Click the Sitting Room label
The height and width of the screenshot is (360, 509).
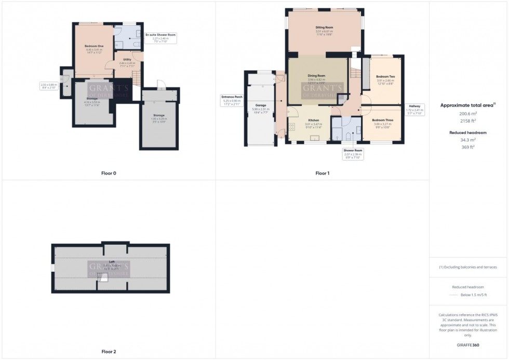(324, 27)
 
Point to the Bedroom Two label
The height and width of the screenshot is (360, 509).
(385, 77)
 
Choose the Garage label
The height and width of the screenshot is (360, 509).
(261, 105)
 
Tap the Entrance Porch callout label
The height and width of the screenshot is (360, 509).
(232, 97)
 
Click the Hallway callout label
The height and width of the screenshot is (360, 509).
(416, 106)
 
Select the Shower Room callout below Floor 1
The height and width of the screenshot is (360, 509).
(353, 150)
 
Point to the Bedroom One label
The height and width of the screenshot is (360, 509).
(95, 46)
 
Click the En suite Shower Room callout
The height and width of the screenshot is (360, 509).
(161, 34)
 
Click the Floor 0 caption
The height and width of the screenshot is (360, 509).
(109, 173)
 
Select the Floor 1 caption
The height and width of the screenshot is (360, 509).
(322, 173)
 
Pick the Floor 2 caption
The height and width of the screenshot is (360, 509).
(109, 351)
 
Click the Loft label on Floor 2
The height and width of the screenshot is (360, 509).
(111, 262)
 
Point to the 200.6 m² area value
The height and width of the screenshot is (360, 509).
(468, 113)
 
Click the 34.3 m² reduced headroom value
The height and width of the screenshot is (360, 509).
(468, 140)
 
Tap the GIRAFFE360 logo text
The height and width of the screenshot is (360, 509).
(468, 344)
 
